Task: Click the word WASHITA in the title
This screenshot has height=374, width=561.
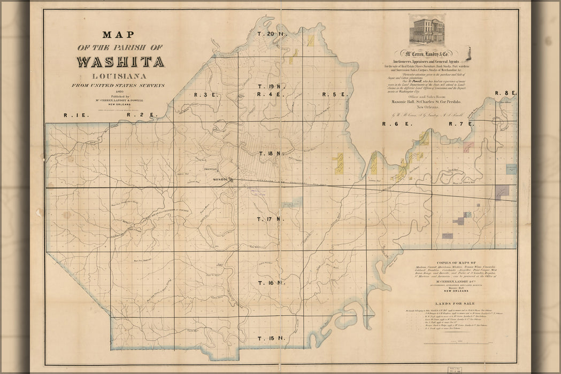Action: point(120,61)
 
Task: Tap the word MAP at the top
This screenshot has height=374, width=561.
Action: point(119,35)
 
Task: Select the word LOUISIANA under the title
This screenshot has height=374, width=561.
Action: point(120,76)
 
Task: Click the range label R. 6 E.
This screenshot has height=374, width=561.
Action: point(395,124)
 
